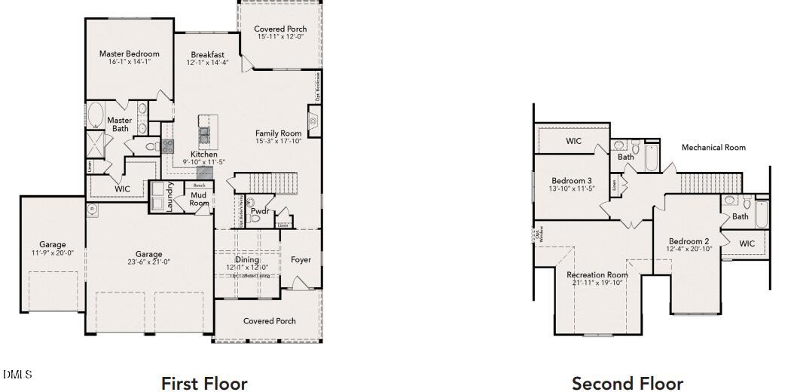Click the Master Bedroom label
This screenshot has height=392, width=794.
(x=130, y=54)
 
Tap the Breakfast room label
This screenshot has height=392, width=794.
(x=207, y=55)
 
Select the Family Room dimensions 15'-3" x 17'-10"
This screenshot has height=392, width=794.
(x=278, y=142)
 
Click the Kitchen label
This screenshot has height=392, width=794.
(x=203, y=155)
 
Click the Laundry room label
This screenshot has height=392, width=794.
(x=170, y=197)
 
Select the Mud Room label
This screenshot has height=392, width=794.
(x=199, y=199)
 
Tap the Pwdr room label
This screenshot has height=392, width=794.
(x=261, y=212)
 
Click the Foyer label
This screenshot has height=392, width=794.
(x=301, y=260)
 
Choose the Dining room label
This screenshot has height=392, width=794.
(x=247, y=260)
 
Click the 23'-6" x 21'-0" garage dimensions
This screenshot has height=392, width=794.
(x=148, y=262)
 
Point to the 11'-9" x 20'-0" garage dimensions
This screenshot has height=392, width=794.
(x=52, y=253)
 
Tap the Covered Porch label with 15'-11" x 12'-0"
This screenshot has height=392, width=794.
(x=280, y=29)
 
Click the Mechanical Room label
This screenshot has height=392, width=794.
(x=713, y=148)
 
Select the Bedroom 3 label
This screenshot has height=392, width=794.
(x=571, y=181)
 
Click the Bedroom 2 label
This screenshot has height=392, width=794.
(x=688, y=241)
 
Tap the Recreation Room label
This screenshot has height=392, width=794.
(x=597, y=275)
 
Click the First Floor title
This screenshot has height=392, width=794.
(x=204, y=384)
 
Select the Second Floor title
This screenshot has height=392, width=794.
(x=628, y=384)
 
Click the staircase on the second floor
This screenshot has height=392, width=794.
(x=711, y=182)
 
